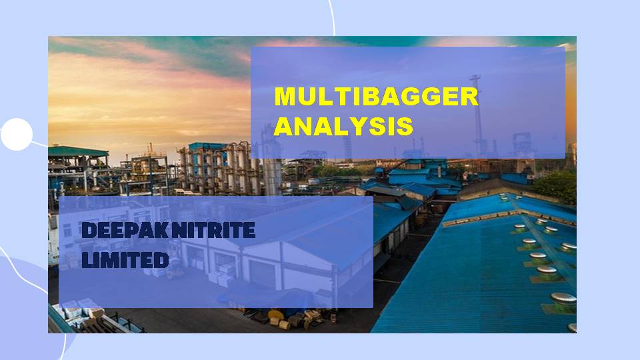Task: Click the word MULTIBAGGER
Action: click(376, 97)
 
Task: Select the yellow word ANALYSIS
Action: click(343, 127)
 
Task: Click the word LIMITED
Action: click(125, 260)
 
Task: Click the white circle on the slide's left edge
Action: click(16, 135)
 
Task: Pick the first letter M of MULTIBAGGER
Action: click(285, 97)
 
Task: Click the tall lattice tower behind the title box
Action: click(477, 113)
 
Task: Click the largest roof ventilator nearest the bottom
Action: click(563, 298)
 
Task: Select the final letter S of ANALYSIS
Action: click(404, 127)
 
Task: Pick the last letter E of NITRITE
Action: click(248, 231)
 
